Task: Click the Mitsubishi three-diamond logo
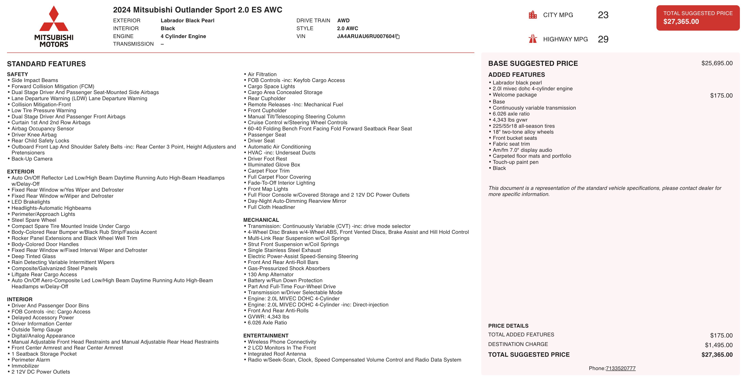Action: tap(54, 19)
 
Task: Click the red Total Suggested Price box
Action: tap(698, 18)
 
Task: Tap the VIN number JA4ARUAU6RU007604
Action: tap(366, 36)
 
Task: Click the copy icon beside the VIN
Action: tap(398, 37)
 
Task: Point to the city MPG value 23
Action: tap(603, 15)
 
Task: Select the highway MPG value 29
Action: tap(603, 39)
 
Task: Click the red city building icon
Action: tap(533, 15)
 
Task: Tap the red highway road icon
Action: tap(533, 39)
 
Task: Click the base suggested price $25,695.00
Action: tap(717, 63)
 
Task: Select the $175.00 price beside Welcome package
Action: tap(721, 96)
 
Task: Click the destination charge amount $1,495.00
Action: tap(718, 345)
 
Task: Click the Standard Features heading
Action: tap(46, 64)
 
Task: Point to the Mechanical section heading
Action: tap(261, 220)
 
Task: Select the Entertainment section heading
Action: tap(266, 336)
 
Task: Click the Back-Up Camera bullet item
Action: tap(32, 159)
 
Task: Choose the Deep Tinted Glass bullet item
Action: tap(34, 256)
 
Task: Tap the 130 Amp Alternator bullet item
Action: tap(271, 274)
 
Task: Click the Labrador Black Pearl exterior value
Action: tap(187, 21)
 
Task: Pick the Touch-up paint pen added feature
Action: tap(515, 162)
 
